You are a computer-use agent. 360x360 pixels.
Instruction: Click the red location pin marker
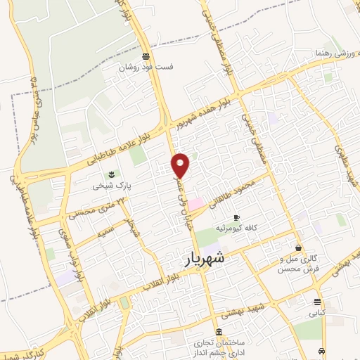[x=181, y=165]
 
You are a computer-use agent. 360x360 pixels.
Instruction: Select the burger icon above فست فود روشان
[x=145, y=56]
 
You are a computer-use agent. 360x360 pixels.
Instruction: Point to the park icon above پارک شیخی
[x=110, y=175]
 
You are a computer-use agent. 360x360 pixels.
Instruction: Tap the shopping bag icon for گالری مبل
[x=299, y=247]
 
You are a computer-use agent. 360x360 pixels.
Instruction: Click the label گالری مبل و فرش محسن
[x=298, y=264]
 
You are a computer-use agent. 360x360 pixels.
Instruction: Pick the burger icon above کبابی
[x=317, y=302]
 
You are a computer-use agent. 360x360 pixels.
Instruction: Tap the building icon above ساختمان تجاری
[x=219, y=332]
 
